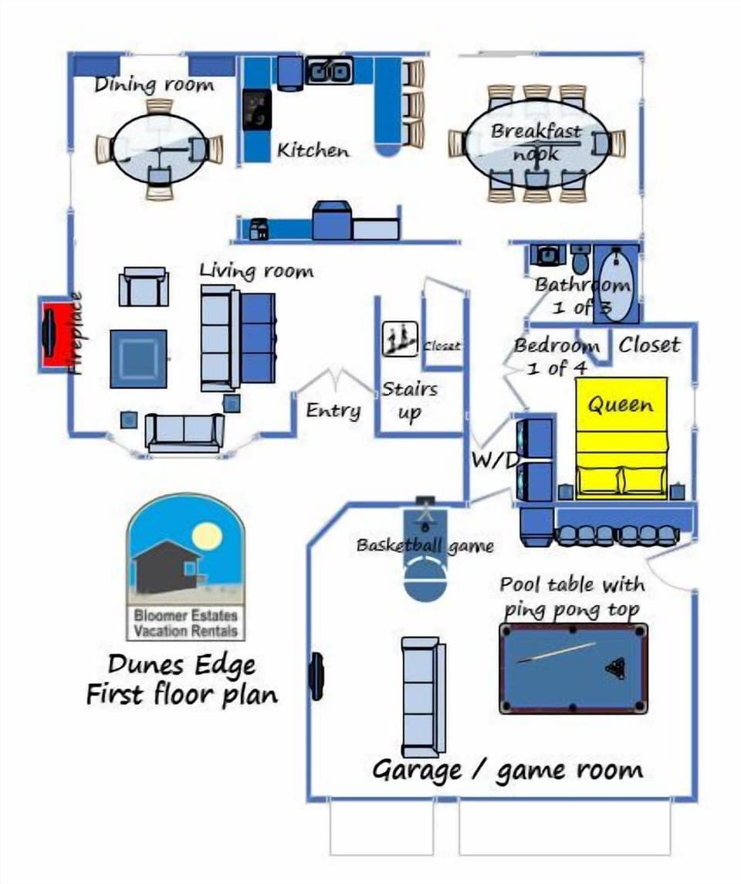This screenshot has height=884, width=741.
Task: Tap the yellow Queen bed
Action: pyautogui.click(x=621, y=436)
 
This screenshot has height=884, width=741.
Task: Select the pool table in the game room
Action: pyautogui.click(x=574, y=669)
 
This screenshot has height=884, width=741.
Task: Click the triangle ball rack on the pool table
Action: pyautogui.click(x=616, y=668)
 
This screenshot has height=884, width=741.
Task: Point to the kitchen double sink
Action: pyautogui.click(x=330, y=72)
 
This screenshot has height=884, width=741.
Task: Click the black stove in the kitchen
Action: pyautogui.click(x=257, y=110)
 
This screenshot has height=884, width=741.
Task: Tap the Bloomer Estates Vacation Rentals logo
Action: pyautogui.click(x=185, y=567)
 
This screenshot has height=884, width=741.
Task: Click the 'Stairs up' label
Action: pyautogui.click(x=409, y=401)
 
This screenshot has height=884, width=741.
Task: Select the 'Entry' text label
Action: pyautogui.click(x=333, y=410)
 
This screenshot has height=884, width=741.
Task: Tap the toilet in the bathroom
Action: pyautogui.click(x=580, y=258)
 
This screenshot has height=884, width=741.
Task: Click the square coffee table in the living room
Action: pyautogui.click(x=138, y=358)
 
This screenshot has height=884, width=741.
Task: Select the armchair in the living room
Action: pyautogui.click(x=144, y=287)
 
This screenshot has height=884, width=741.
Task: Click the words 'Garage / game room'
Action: pyautogui.click(x=507, y=770)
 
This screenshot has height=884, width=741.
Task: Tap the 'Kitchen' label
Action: pyautogui.click(x=313, y=150)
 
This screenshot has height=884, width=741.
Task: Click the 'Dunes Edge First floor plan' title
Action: pyautogui.click(x=182, y=679)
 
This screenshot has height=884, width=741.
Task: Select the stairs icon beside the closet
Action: pyautogui.click(x=400, y=338)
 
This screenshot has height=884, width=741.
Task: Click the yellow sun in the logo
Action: pyautogui.click(x=207, y=535)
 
